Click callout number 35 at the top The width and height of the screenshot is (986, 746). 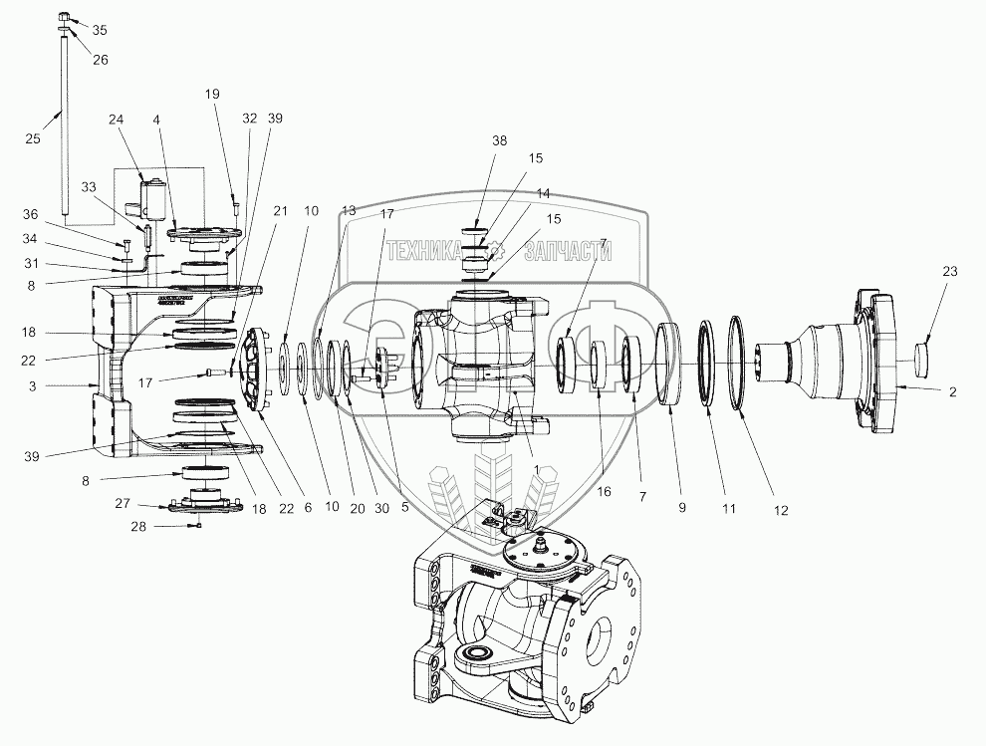[99, 31]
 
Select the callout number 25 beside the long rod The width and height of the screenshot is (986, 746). [33, 139]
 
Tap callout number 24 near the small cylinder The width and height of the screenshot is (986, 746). [117, 120]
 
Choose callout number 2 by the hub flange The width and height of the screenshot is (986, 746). [952, 392]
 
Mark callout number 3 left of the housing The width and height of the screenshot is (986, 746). [61, 384]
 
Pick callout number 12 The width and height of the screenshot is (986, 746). [779, 510]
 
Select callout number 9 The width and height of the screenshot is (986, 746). [681, 507]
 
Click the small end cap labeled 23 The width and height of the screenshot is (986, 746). [923, 353]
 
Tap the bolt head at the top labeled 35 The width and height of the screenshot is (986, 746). [64, 17]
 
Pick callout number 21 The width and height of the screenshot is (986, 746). [280, 210]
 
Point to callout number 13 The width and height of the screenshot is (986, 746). [349, 211]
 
